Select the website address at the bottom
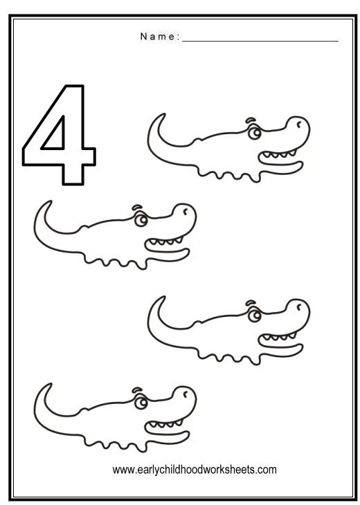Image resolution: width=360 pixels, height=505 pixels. [x=195, y=469]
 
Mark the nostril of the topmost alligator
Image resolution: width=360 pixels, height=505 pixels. [x=299, y=125]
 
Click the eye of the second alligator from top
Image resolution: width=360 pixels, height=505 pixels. [x=141, y=221]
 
